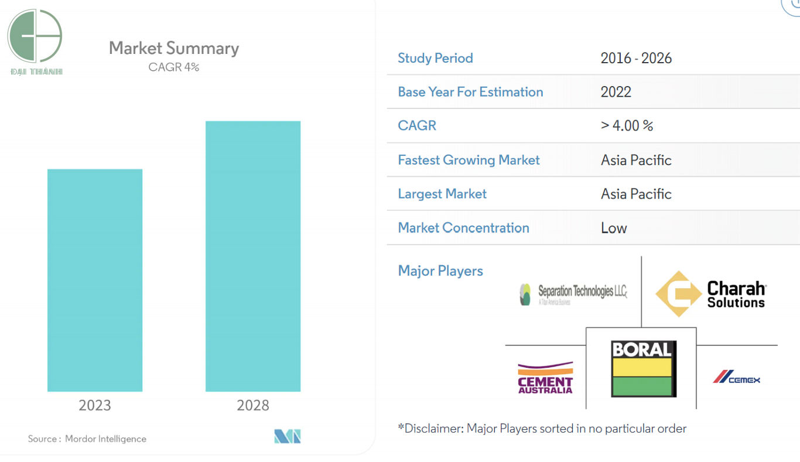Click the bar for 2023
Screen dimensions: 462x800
[95, 280]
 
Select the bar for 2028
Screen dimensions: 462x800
[253, 256]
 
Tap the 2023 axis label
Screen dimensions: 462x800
[95, 405]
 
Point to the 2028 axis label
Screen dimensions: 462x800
[253, 405]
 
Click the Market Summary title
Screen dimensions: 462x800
[174, 48]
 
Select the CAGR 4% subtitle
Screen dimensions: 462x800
[174, 67]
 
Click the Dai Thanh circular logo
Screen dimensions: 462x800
[35, 36]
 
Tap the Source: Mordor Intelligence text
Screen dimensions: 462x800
[87, 439]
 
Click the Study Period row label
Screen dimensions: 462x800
[435, 58]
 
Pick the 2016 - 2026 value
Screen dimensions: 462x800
[636, 58]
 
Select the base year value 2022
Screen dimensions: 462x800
[616, 92]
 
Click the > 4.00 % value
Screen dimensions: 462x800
[627, 125]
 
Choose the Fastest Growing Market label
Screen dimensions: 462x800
[469, 160]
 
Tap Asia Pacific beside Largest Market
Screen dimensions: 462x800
[636, 194]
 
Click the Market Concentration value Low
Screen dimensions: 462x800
[614, 228]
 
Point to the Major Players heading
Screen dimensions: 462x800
[440, 271]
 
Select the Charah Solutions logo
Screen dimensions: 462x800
[710, 293]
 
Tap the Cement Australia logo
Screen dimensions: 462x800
[545, 378]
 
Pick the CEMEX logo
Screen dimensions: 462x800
[736, 377]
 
